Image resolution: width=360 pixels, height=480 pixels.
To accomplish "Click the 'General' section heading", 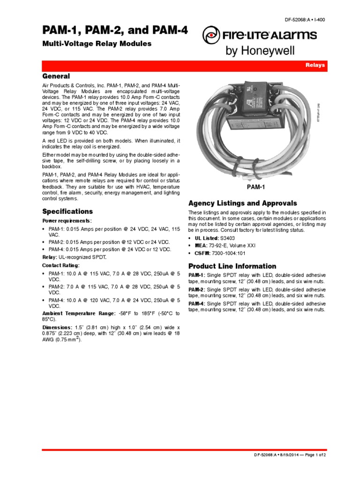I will (56, 76).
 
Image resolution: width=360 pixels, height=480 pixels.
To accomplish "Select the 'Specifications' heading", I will (67, 211).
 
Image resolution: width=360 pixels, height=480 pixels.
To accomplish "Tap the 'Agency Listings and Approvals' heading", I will (242, 203).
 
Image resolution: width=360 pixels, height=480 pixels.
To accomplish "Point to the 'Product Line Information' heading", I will (232, 266).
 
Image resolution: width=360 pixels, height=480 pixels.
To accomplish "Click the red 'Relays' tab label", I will (315, 66).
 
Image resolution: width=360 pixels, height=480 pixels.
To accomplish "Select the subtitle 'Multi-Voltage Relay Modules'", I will (97, 44).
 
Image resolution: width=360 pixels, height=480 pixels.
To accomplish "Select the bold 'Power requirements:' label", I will (67, 220).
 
